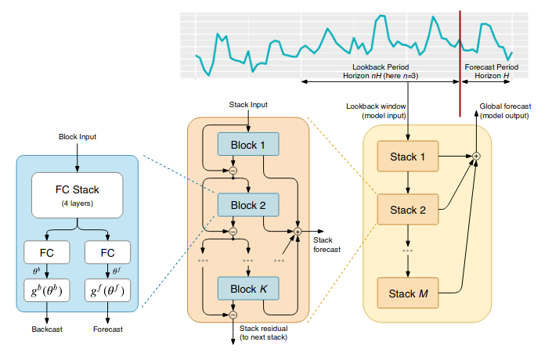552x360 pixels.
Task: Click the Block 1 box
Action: pos(248,144)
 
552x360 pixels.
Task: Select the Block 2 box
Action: pos(248,205)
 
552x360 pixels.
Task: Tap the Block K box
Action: pos(248,289)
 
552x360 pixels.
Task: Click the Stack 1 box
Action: pos(408,157)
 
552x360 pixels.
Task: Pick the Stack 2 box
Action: pos(408,210)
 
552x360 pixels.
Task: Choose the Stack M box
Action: pos(408,293)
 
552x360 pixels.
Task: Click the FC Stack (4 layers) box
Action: pos(77,196)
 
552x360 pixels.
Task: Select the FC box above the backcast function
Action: pos(47,252)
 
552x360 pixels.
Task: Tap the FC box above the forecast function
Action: pos(107,252)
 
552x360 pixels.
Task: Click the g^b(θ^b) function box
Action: pos(47,290)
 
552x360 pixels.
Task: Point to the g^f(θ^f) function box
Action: pos(107,290)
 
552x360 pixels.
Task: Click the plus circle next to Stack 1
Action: pos(476,156)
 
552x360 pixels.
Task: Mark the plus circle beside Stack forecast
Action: pos(298,232)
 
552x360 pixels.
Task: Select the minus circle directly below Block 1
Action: pos(233,171)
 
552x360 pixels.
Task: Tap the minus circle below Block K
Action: pos(233,315)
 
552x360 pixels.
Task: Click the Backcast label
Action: pos(47,329)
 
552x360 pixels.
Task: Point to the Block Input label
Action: pos(78,137)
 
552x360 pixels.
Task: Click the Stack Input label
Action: pos(248,105)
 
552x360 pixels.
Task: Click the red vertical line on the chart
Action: pos(460,63)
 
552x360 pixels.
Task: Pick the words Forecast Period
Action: pos(492,67)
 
